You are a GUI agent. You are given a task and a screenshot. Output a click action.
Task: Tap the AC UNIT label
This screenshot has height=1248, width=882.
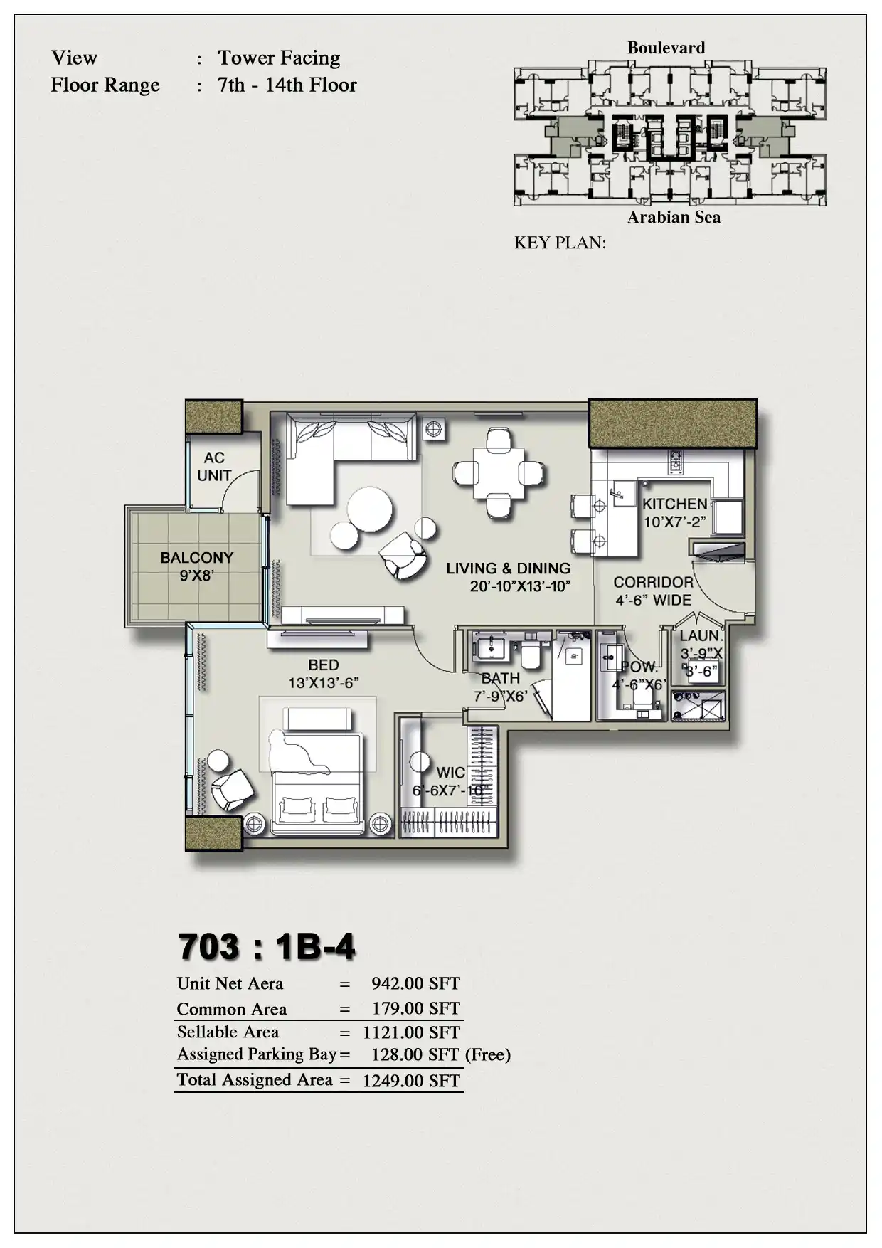[x=214, y=467]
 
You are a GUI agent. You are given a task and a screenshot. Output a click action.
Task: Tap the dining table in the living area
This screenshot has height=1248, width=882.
[x=499, y=472]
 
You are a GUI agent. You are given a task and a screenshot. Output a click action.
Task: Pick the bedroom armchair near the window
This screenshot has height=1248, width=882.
[x=233, y=789]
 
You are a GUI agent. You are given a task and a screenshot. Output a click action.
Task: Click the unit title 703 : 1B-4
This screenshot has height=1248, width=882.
[x=267, y=946]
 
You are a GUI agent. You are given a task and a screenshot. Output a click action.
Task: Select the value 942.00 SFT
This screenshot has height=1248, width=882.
[x=415, y=983]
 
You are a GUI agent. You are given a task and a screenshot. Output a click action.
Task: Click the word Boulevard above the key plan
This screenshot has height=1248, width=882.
[x=666, y=48]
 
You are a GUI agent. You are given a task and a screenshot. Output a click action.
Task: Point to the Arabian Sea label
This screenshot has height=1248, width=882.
[x=674, y=217]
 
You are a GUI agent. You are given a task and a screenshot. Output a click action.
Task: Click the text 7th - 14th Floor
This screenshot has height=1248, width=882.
[x=287, y=85]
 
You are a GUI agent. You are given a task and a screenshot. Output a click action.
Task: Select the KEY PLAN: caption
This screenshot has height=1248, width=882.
[x=560, y=243]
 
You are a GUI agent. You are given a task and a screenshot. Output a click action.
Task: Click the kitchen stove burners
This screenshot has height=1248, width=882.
[x=675, y=462]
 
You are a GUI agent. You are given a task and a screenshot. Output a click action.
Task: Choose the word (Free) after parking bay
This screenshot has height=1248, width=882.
[x=488, y=1054]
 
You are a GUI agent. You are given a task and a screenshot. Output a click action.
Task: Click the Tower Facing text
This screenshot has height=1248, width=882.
[x=279, y=58]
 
